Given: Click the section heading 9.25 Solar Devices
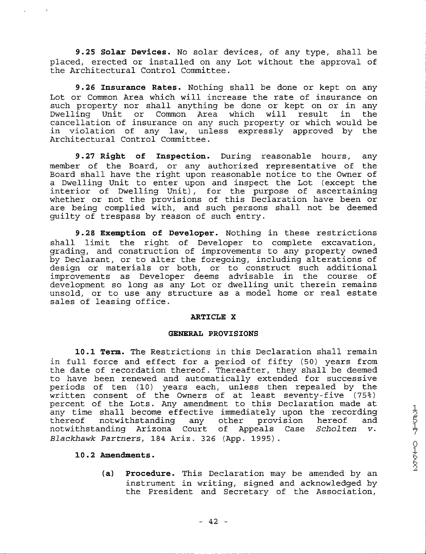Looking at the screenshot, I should pos(123,52).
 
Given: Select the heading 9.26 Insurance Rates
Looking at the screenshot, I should pos(128,88).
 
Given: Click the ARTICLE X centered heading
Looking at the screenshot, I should pos(213,317).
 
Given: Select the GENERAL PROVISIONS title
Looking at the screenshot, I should pos(213,334).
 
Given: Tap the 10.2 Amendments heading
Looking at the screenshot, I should pos(115,455).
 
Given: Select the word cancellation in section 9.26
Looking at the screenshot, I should pos(80,123).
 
